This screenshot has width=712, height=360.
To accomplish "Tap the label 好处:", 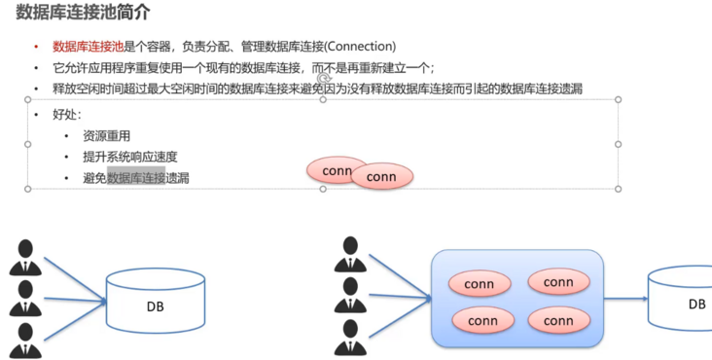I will pyautogui.click(x=68, y=115).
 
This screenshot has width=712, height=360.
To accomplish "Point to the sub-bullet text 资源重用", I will pyautogui.click(x=106, y=136).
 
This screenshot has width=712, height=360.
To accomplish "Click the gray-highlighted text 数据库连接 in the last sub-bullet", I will pyautogui.click(x=136, y=178).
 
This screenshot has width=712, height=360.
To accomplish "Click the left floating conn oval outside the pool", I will pyautogui.click(x=333, y=170).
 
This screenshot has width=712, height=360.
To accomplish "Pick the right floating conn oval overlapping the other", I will pyautogui.click(x=382, y=177).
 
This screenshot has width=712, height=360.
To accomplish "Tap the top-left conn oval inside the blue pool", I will pyautogui.click(x=480, y=285).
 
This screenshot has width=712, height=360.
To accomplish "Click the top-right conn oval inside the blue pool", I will pyautogui.click(x=558, y=282).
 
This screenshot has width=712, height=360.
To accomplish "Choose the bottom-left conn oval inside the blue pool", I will pyautogui.click(x=482, y=320).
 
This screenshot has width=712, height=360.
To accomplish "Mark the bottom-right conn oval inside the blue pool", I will pyautogui.click(x=558, y=320).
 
